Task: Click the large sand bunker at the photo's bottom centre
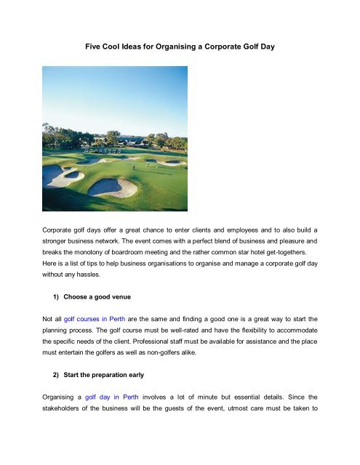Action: coord(113,188)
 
